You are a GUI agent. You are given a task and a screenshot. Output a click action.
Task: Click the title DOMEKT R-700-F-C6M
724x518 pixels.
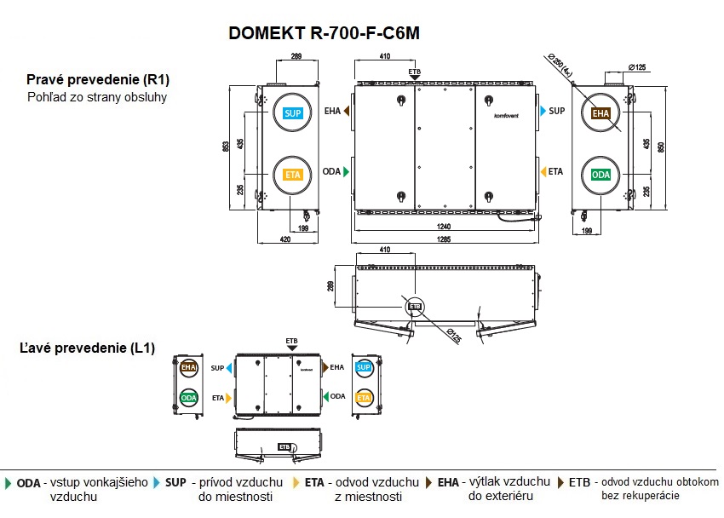coord(325,33)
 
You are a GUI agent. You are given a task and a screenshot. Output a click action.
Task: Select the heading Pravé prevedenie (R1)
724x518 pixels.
coord(98,79)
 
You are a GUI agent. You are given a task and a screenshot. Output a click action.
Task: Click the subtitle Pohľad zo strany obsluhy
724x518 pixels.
coord(96,96)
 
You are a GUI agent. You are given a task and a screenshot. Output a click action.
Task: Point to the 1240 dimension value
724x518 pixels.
coord(444,226)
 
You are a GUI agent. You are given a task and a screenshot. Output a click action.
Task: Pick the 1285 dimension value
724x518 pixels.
coord(444,239)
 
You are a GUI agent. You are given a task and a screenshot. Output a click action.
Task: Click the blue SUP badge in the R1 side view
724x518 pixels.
coord(293,113)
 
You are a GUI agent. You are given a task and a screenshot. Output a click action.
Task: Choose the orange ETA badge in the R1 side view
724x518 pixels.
coord(293,175)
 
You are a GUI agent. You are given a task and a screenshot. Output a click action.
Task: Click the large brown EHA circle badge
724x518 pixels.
coord(601,113)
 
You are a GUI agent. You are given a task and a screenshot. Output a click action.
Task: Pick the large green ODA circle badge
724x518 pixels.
coord(601,175)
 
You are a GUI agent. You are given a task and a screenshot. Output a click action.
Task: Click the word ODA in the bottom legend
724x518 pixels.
coord(28,482)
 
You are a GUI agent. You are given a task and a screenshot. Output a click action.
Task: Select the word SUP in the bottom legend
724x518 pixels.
coord(175,482)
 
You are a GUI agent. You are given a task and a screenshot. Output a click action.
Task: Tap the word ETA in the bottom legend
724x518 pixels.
coord(314,482)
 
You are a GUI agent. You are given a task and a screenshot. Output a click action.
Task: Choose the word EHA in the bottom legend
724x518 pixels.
coord(449,482)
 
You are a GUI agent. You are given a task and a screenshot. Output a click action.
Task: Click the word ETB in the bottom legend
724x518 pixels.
coord(580,482)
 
